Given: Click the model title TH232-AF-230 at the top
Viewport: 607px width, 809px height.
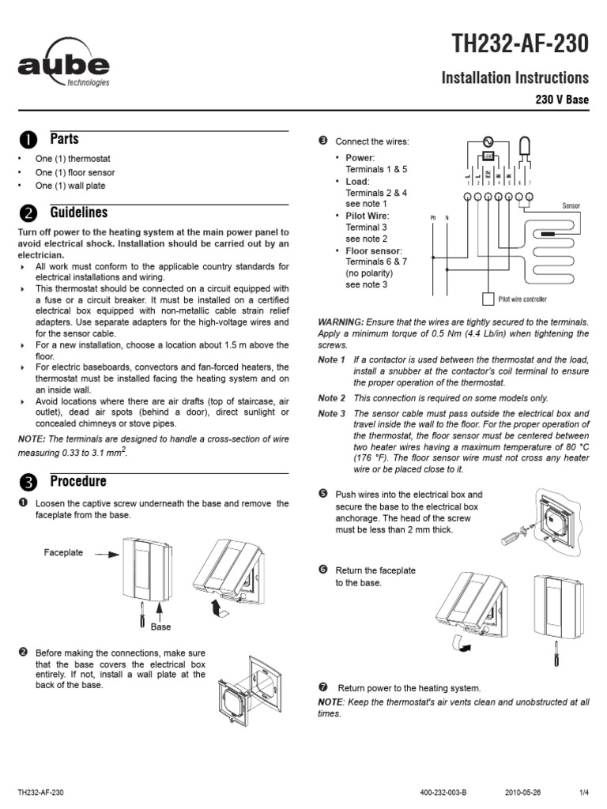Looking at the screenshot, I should click(x=520, y=45).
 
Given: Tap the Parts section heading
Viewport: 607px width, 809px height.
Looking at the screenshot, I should click(x=64, y=139).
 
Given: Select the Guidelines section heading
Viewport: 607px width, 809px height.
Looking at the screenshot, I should click(x=79, y=213).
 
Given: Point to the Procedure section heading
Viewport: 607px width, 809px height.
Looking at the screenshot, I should click(x=77, y=481).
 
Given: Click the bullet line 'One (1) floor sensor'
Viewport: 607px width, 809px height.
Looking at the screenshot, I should click(x=75, y=172).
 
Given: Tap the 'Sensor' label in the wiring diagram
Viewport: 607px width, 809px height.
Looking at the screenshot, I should click(x=571, y=205).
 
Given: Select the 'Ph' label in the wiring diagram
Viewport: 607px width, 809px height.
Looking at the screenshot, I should click(x=433, y=217).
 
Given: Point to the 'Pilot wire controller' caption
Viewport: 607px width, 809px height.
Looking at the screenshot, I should click(x=522, y=299).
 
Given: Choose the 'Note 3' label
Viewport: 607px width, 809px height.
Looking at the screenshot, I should click(x=332, y=413).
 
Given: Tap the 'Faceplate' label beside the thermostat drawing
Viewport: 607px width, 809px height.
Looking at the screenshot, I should click(x=63, y=553).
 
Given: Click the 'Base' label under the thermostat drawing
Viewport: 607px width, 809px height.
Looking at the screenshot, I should click(x=161, y=627).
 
